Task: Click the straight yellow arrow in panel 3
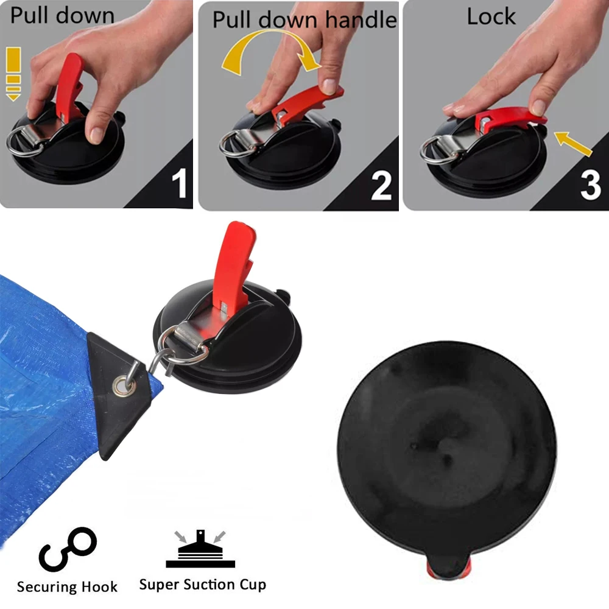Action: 572,143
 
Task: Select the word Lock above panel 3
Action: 491,16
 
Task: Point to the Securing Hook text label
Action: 67,587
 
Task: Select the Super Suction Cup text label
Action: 202,585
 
